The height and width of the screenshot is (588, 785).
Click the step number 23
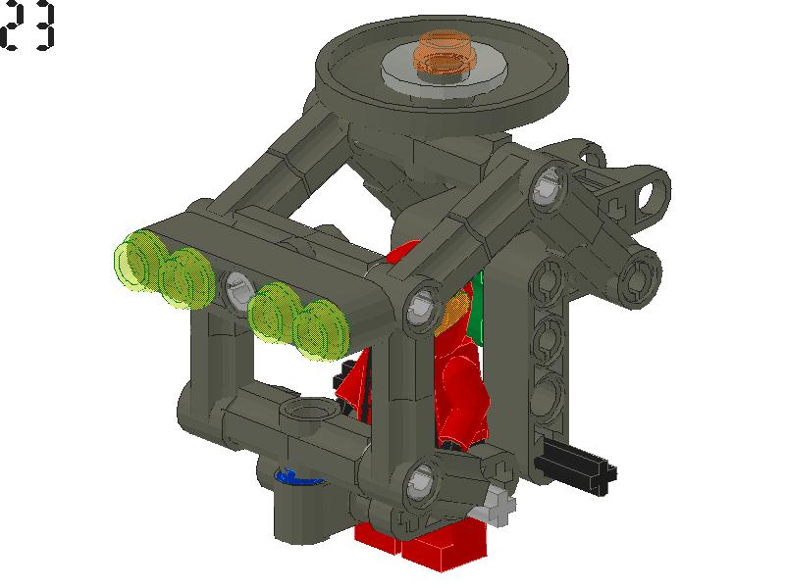pos(28,27)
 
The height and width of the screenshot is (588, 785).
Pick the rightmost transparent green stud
pos(325,329)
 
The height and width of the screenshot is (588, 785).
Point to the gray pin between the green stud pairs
pos(236,289)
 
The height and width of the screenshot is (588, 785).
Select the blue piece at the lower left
pos(295,477)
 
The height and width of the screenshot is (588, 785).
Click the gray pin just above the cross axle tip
pos(420,480)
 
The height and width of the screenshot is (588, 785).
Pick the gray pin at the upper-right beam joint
pos(546,187)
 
